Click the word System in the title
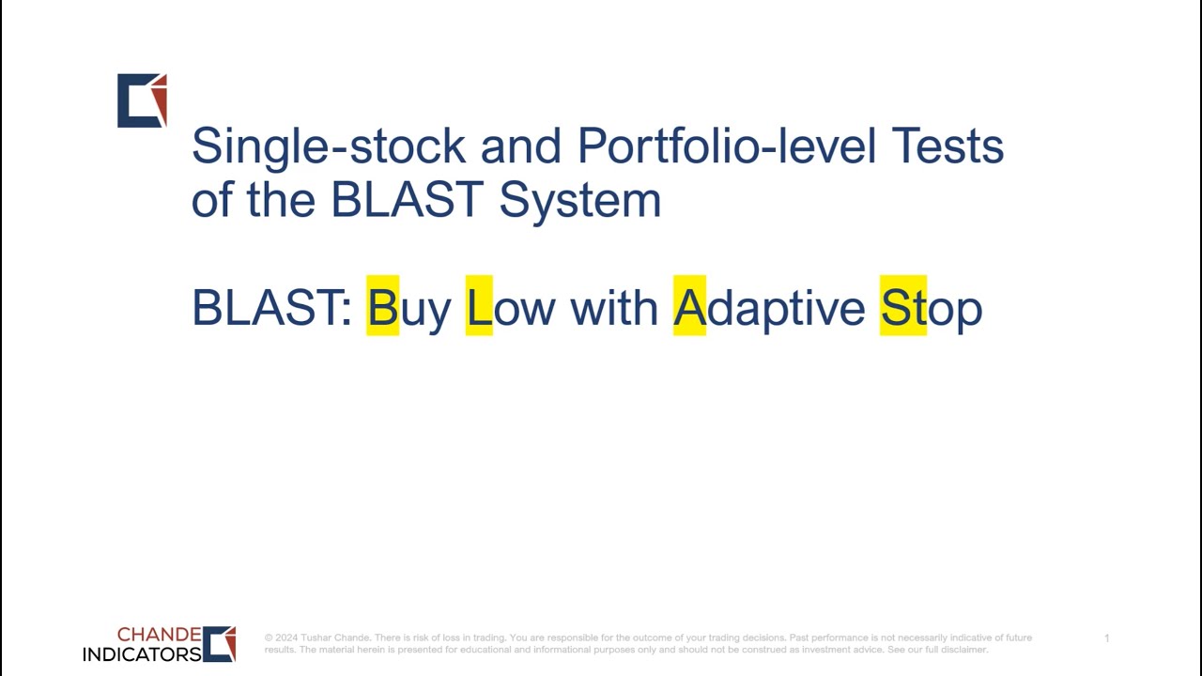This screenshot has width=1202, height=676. point(579,200)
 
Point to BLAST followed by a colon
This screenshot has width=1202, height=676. point(271,308)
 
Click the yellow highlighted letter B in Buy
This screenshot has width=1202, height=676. point(382,307)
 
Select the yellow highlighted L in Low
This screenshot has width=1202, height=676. point(479,307)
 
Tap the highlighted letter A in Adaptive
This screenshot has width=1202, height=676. point(689,307)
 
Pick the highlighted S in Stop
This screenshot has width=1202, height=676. point(897,307)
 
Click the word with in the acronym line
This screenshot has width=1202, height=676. point(614,308)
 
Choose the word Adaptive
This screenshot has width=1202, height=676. point(768,308)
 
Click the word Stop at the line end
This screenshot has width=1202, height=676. point(931,308)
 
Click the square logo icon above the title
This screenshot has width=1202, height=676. point(142,100)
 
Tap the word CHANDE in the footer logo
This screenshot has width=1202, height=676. point(159,635)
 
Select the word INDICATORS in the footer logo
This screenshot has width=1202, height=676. point(142,653)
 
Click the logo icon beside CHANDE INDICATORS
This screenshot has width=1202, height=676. point(220,644)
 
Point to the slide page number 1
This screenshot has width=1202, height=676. point(1106,638)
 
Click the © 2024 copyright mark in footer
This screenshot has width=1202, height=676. point(281,638)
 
